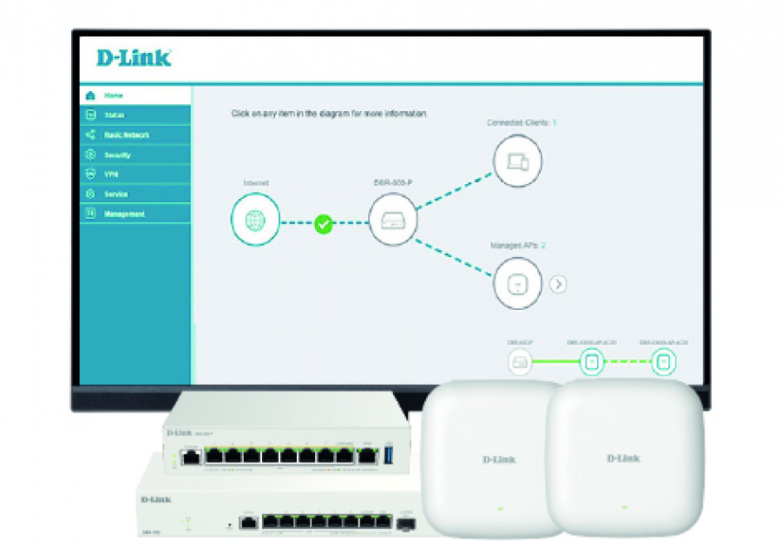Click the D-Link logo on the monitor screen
click(134, 58)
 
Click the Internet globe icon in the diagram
click(256, 219)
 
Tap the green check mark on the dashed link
click(323, 224)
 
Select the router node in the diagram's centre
click(393, 219)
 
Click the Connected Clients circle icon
click(517, 161)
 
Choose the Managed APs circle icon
click(517, 283)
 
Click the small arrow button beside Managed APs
click(558, 284)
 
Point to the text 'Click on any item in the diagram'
click(329, 114)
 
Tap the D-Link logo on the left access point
click(498, 458)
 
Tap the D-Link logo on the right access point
click(623, 458)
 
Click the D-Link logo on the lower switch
click(155, 499)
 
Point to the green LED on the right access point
click(623, 505)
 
